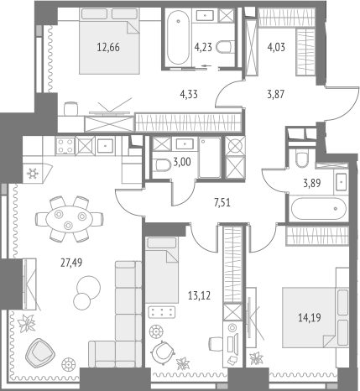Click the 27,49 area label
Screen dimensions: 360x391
(71, 263)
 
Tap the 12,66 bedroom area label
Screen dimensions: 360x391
(108, 47)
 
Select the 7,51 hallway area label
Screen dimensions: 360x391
(222, 202)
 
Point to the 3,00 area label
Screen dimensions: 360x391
(182, 162)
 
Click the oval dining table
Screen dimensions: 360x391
(70, 218)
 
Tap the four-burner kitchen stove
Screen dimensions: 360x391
(65, 146)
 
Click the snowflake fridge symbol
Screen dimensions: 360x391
(33, 174)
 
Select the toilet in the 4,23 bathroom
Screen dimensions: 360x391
(226, 47)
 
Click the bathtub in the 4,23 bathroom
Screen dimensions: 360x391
(178, 38)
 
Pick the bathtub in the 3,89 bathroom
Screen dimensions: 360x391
(319, 209)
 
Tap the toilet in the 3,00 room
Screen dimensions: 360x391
(162, 164)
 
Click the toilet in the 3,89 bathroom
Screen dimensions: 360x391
(302, 158)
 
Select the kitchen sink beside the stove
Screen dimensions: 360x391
(105, 146)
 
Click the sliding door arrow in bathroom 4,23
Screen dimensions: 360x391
(206, 66)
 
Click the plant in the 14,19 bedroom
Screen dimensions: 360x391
(256, 358)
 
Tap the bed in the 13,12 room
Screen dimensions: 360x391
(162, 269)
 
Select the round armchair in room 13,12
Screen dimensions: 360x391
(163, 352)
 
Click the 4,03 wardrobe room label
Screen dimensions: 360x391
(276, 47)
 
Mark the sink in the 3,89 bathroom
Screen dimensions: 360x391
(341, 181)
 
